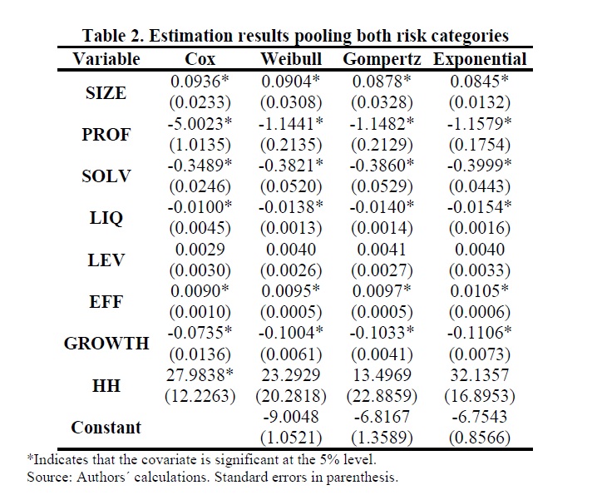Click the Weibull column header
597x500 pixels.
point(291,59)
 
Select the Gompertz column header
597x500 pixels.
point(382,60)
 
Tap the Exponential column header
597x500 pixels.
point(480,60)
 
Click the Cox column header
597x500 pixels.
point(200,59)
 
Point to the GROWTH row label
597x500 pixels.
point(106,344)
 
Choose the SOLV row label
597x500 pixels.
point(106,176)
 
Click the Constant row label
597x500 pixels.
point(106,428)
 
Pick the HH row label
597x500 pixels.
point(106,385)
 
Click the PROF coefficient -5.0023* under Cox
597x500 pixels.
point(200,123)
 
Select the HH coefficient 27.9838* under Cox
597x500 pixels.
point(200,375)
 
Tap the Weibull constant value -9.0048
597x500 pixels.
point(291,417)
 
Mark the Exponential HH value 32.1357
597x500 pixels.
point(480,375)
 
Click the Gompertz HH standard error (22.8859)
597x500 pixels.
point(382,396)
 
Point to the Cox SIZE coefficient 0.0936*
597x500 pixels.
point(200,82)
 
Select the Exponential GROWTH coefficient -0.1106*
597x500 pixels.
point(480,333)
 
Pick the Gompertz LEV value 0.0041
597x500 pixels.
point(382,250)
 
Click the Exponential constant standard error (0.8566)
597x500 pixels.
point(480,438)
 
